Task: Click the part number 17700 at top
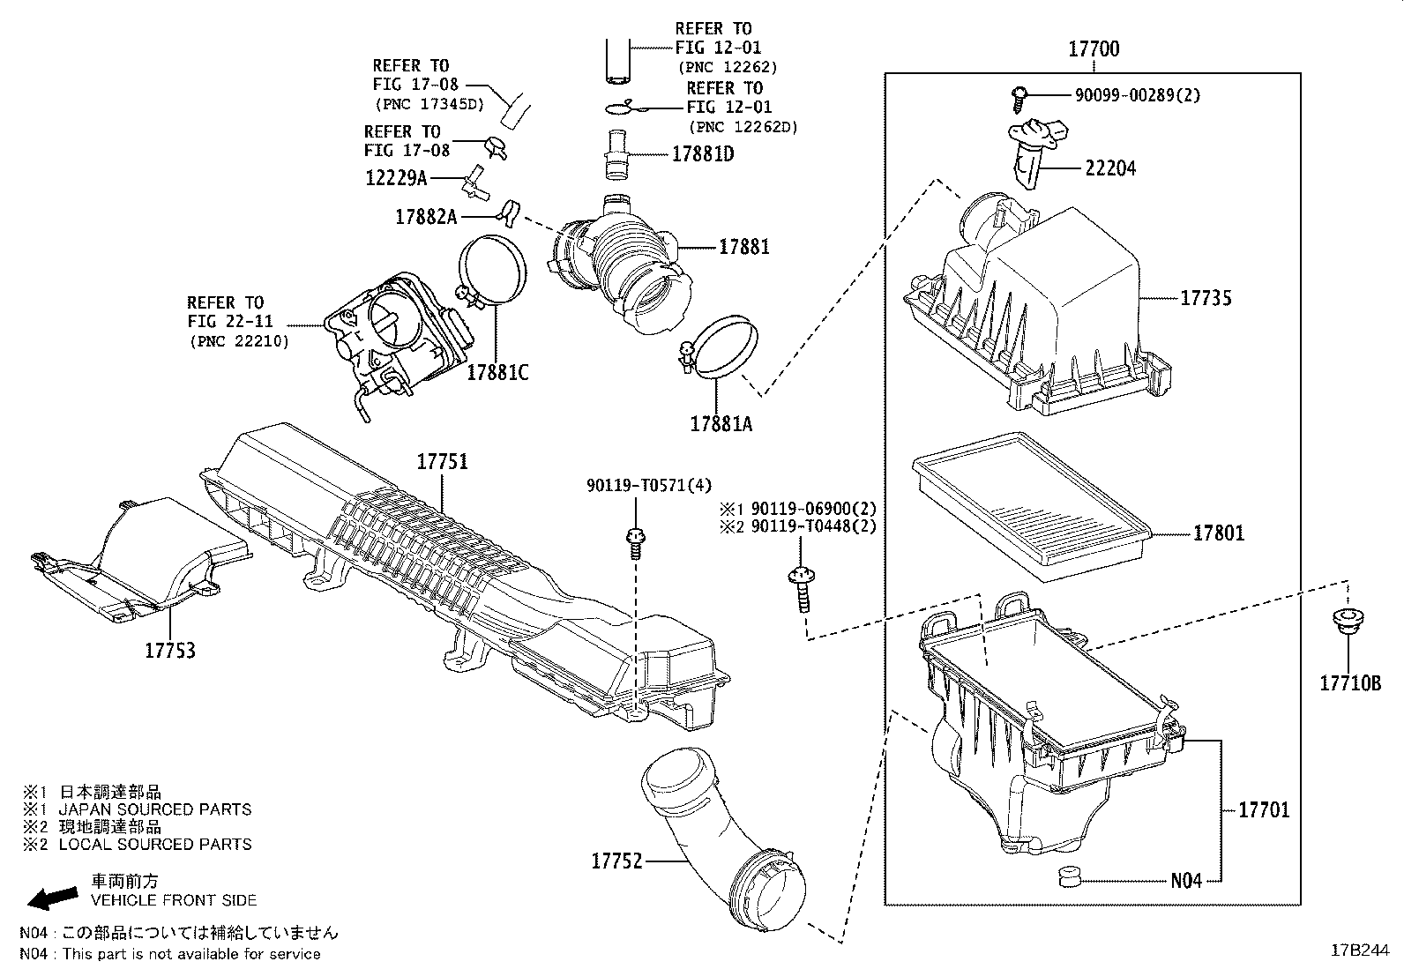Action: tap(1094, 49)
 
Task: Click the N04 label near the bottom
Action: tap(1186, 880)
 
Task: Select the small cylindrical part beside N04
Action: tap(1070, 877)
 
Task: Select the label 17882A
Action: tap(427, 216)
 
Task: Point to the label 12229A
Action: tap(396, 178)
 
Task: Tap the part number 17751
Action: tap(442, 462)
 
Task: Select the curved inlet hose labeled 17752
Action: tap(714, 838)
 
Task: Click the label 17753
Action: tap(170, 651)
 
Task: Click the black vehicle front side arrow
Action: tap(51, 896)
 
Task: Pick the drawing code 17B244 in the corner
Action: tap(1359, 950)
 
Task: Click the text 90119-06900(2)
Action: tap(812, 509)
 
